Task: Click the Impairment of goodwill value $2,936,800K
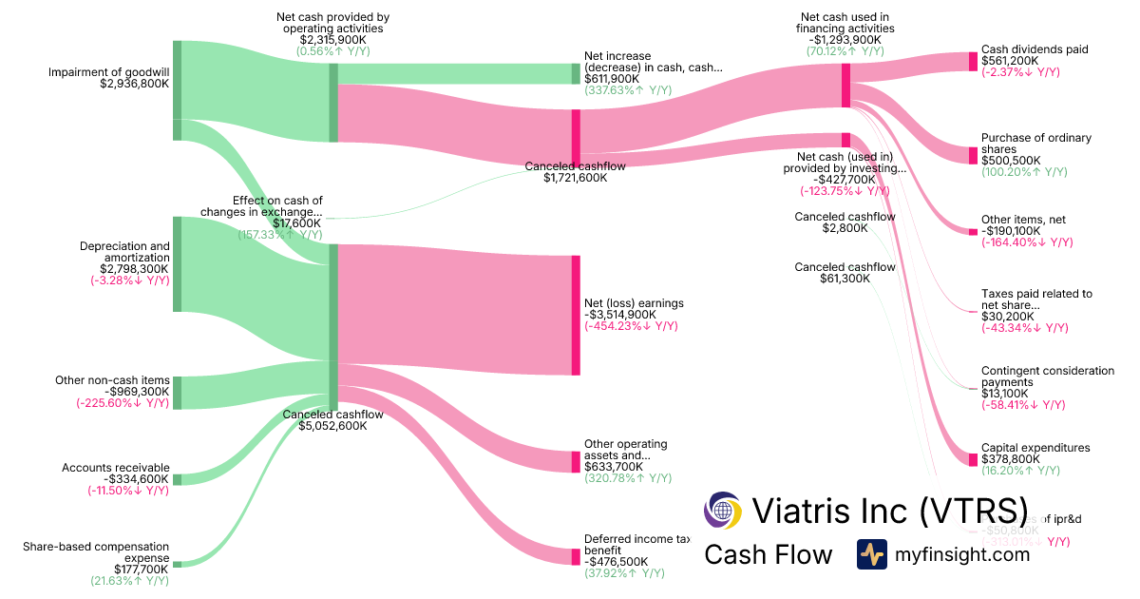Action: [x=134, y=84]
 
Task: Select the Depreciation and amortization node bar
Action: [x=177, y=264]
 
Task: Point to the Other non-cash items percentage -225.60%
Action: [x=123, y=403]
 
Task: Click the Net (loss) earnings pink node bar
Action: [x=576, y=315]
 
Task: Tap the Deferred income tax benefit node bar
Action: [x=576, y=556]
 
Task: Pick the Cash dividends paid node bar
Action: [x=973, y=62]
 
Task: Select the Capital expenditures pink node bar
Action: [x=973, y=459]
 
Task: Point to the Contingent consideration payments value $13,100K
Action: [x=1006, y=394]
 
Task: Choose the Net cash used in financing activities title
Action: [x=845, y=23]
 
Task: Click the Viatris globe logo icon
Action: [x=723, y=511]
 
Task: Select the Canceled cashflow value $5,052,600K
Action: [x=332, y=426]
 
